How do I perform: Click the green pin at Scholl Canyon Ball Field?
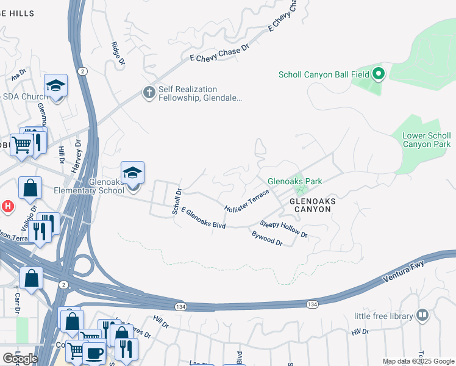pos(378,74)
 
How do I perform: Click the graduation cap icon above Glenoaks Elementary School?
pos(132,172)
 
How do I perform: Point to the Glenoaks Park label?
pos(294,181)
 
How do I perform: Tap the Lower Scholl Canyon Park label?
pos(427,140)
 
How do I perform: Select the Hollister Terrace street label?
pos(246,200)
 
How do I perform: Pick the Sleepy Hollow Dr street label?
pos(283,229)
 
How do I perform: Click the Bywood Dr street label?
pos(267,238)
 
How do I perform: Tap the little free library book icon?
pos(422,315)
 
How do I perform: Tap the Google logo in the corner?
pos(20,358)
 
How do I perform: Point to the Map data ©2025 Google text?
pos(418,361)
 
